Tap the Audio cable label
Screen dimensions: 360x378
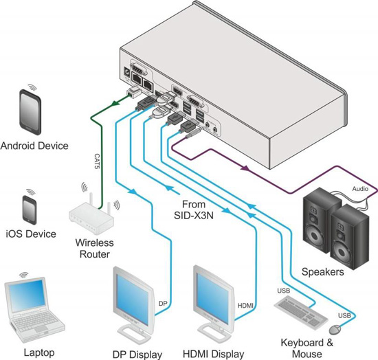click(x=360, y=188)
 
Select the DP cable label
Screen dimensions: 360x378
click(x=163, y=302)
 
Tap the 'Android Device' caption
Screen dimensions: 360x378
click(x=34, y=146)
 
